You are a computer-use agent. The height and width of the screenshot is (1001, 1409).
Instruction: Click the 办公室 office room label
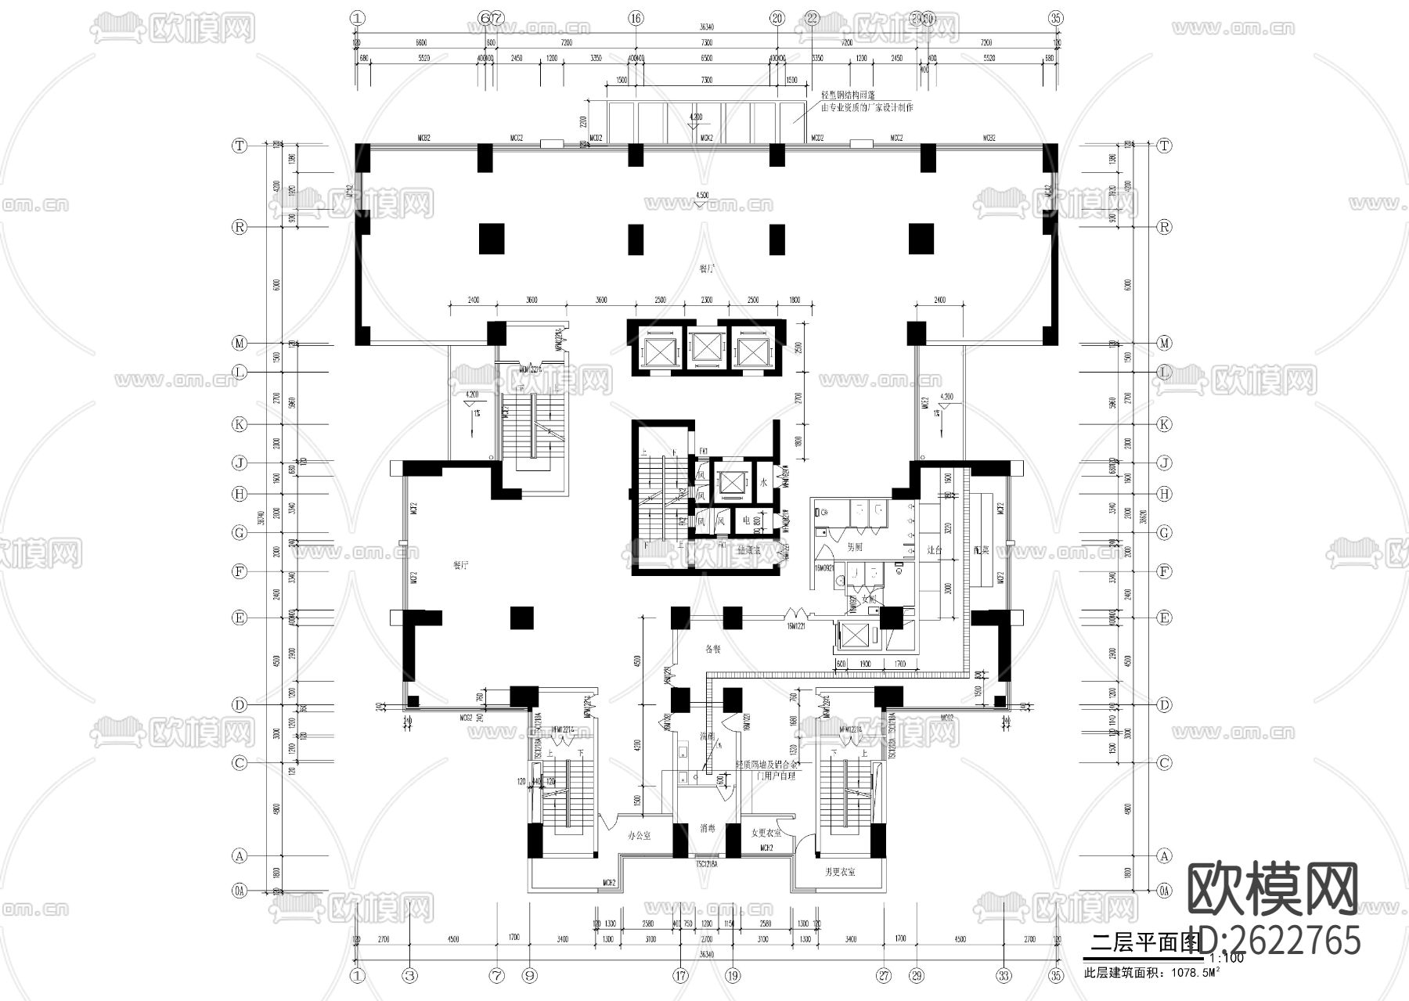[x=639, y=836]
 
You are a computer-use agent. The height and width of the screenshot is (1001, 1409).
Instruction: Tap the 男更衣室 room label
[x=840, y=871]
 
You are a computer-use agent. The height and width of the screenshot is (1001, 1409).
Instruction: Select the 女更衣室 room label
[x=766, y=834]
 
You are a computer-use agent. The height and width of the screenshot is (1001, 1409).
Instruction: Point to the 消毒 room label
[x=708, y=828]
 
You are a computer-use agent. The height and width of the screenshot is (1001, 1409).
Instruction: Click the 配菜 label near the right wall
[x=982, y=549]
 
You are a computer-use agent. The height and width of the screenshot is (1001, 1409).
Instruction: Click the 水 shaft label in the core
[x=762, y=484]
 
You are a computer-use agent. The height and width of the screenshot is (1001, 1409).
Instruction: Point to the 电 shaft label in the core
[x=746, y=520]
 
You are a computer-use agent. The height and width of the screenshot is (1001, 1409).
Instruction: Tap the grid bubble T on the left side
[x=240, y=146]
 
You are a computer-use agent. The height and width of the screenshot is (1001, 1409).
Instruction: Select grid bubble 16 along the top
[x=635, y=17]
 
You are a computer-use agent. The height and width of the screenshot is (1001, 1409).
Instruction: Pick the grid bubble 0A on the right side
[x=1165, y=890]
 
